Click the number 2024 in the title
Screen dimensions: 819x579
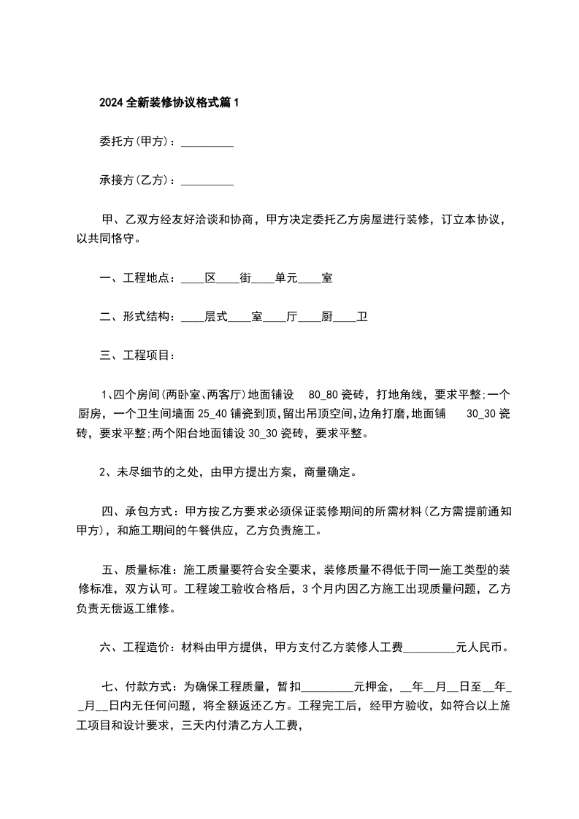pos(111,104)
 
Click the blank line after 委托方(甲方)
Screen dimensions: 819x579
pos(207,143)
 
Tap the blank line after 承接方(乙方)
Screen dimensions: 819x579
pos(207,181)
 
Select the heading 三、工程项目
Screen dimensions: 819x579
pos(136,355)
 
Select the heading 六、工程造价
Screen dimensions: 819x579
pos(136,646)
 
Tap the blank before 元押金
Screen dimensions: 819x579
pos(326,688)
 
